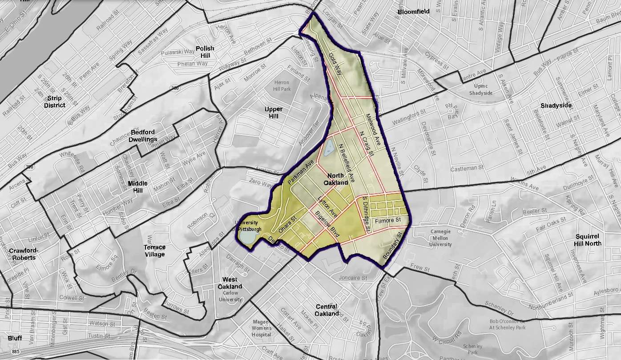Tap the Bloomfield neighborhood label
[414, 12]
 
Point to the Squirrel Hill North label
[588, 240]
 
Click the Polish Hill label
[205, 52]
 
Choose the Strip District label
[55, 101]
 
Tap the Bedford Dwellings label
[142, 136]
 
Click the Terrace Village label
[154, 251]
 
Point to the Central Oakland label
[327, 310]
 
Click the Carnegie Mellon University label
[441, 238]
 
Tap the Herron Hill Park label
[282, 85]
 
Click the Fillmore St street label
[387, 220]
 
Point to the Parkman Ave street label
[301, 174]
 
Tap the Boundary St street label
[394, 246]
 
